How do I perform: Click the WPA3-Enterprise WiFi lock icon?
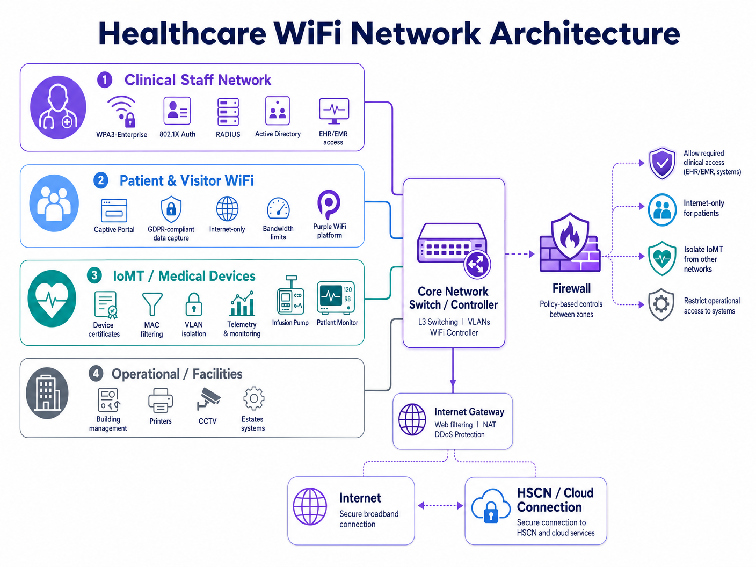[x=122, y=111]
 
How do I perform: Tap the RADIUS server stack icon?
[x=228, y=112]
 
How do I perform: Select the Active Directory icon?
[x=278, y=111]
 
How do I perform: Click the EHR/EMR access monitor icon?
[x=334, y=111]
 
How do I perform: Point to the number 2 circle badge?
[x=101, y=180]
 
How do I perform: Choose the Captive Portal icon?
[x=114, y=210]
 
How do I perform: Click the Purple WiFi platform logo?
[x=329, y=204]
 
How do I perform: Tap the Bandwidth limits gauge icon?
[x=278, y=209]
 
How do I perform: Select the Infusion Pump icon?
[x=290, y=296]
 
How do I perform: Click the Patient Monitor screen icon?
[x=336, y=297]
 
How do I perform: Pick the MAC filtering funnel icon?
[x=152, y=304]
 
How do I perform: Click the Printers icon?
[x=161, y=400]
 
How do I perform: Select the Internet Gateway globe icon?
[x=412, y=419]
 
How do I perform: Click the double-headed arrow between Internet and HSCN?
[x=440, y=505]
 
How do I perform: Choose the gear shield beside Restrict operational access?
[x=661, y=305]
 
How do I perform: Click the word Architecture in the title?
[x=585, y=33]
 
